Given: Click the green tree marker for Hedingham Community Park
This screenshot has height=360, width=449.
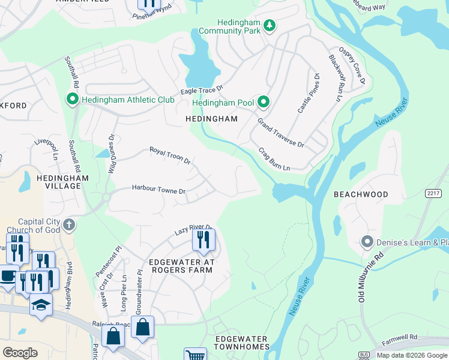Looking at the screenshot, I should click(270, 25).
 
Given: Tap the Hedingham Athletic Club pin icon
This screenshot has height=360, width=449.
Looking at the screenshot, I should click(73, 99).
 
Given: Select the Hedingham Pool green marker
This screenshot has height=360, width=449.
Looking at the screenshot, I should click(263, 103).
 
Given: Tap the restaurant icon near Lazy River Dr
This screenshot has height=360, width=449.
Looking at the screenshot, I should click(203, 239).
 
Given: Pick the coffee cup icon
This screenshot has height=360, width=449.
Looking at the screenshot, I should click(8, 277).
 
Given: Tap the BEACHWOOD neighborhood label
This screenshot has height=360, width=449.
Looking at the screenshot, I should click(361, 194).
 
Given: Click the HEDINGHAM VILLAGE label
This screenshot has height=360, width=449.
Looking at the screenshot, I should click(62, 182).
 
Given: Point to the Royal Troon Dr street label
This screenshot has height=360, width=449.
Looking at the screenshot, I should click(170, 156).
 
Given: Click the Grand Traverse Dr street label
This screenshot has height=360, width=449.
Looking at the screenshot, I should click(281, 133).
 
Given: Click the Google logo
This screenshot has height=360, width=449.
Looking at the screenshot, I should click(20, 353).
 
